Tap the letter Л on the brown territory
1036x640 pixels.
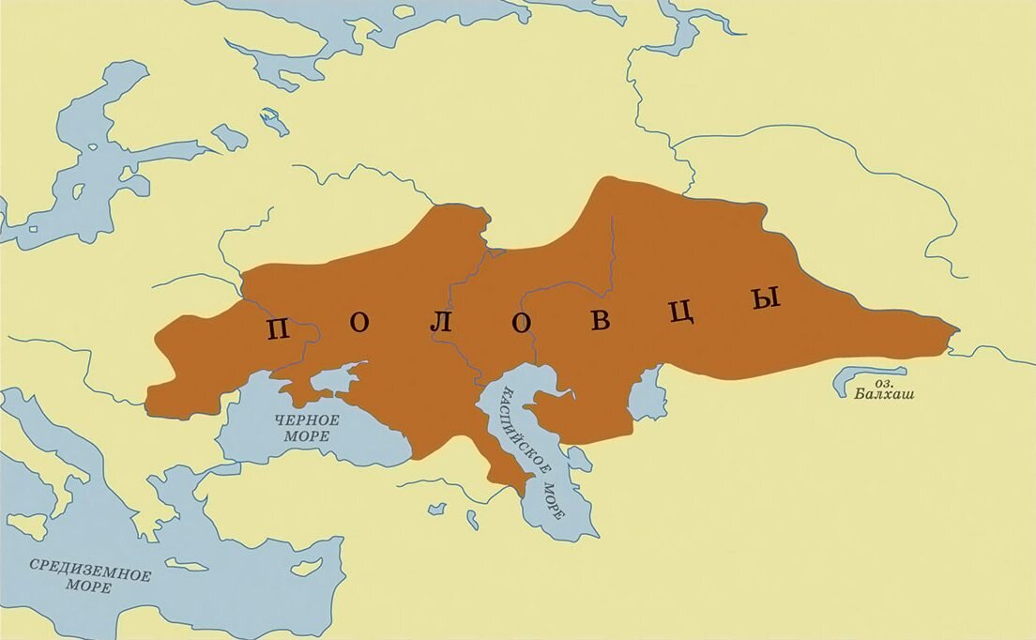[x=441, y=323]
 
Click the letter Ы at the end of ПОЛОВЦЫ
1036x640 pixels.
[x=766, y=300]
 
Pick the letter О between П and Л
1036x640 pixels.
[x=360, y=323]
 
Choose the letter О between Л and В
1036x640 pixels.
[x=522, y=322]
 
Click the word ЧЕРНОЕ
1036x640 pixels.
[x=308, y=420]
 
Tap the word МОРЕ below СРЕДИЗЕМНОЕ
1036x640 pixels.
[x=88, y=587]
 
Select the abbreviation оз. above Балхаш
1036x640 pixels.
[x=884, y=382]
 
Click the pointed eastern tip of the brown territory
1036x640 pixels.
[x=955, y=330]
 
